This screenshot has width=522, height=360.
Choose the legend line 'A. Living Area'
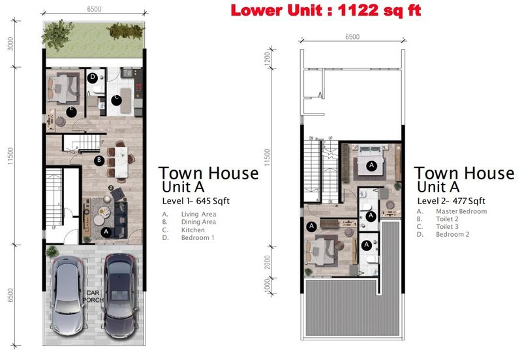pyautogui.click(x=190, y=214)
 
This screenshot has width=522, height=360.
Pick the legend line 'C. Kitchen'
pyautogui.click(x=185, y=230)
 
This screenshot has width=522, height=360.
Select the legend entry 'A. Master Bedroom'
pyautogui.click(x=452, y=211)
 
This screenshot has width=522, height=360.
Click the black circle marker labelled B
pyautogui.click(x=99, y=160)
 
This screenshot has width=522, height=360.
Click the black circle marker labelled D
pyautogui.click(x=93, y=78)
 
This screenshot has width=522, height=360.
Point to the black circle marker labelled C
pyautogui.click(x=115, y=100)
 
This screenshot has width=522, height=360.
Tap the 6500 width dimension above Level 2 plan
pyautogui.click(x=352, y=37)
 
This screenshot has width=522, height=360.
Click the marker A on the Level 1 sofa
pyautogui.click(x=106, y=231)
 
